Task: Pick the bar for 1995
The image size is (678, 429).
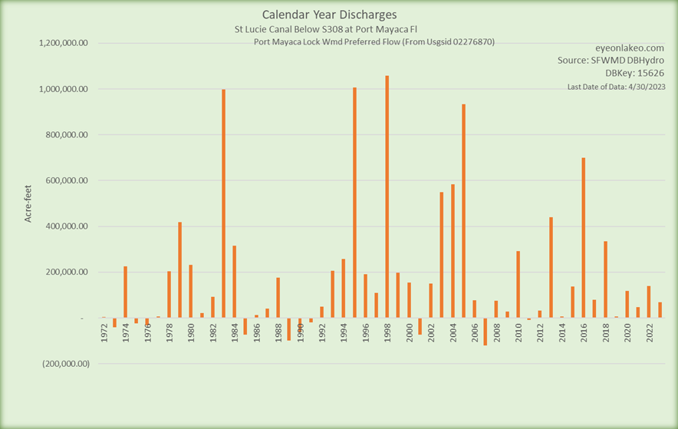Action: [354, 203]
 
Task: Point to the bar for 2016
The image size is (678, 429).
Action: [584, 238]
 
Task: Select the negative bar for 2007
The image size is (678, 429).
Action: [485, 332]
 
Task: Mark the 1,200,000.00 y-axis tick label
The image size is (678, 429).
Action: [64, 43]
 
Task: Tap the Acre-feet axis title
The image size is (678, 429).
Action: [28, 203]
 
